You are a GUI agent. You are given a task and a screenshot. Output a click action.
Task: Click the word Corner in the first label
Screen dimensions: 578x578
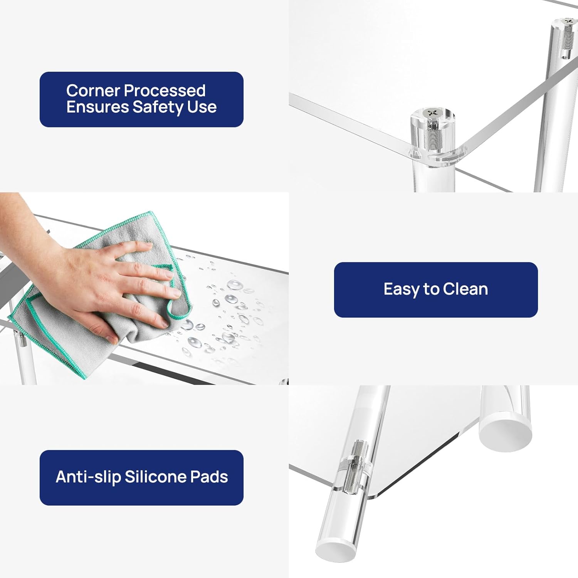(x=93, y=91)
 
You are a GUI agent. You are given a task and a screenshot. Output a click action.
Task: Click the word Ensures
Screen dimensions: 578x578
(x=97, y=107)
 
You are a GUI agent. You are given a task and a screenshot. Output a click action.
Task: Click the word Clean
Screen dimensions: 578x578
(x=465, y=289)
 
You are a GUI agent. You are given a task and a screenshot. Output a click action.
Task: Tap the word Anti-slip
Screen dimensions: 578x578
(x=88, y=477)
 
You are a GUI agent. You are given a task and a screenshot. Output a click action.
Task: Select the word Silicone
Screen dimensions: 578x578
(x=155, y=477)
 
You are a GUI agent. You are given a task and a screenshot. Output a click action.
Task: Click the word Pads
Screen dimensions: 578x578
(x=209, y=477)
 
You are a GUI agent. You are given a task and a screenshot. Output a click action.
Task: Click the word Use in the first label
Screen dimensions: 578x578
(x=202, y=107)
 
